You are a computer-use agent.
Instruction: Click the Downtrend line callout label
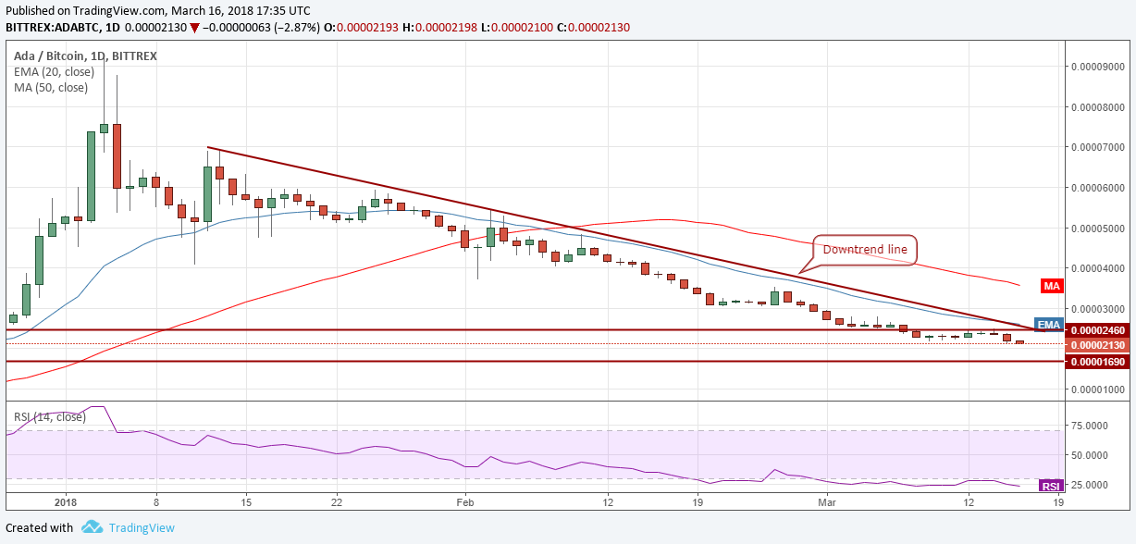tap(865, 250)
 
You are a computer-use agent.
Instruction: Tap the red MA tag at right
tap(1051, 286)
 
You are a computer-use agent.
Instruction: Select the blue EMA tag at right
tap(1047, 325)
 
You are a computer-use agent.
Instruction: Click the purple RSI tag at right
tap(1051, 486)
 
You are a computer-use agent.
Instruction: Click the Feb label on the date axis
tap(465, 501)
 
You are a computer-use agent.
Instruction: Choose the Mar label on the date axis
tap(828, 501)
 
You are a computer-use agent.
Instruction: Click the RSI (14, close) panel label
tap(50, 417)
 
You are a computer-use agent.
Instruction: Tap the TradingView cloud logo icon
tap(92, 527)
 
